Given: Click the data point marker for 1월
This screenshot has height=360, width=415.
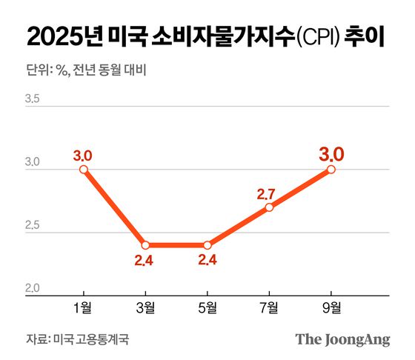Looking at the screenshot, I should [84, 170].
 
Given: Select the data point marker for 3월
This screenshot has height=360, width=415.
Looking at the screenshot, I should [146, 245].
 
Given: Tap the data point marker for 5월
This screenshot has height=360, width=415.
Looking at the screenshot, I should [207, 245].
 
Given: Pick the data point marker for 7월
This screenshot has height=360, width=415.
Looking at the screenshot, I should [269, 207].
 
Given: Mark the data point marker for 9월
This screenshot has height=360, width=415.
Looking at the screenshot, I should [331, 170].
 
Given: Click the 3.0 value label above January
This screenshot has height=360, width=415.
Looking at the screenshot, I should [83, 156].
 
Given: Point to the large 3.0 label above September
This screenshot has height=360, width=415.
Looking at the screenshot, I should [331, 154].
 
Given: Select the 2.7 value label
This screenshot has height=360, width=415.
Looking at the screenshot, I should [266, 194].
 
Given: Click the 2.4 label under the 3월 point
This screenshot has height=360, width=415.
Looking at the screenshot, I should [145, 261].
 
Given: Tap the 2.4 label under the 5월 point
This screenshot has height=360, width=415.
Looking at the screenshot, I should [207, 261].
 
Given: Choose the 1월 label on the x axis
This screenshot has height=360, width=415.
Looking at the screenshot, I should [84, 307].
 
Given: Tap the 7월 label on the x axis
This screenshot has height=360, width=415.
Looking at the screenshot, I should [269, 307].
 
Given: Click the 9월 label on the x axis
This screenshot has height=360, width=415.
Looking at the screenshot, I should [331, 307].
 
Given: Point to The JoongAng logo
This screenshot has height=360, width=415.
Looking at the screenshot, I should [342, 340].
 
